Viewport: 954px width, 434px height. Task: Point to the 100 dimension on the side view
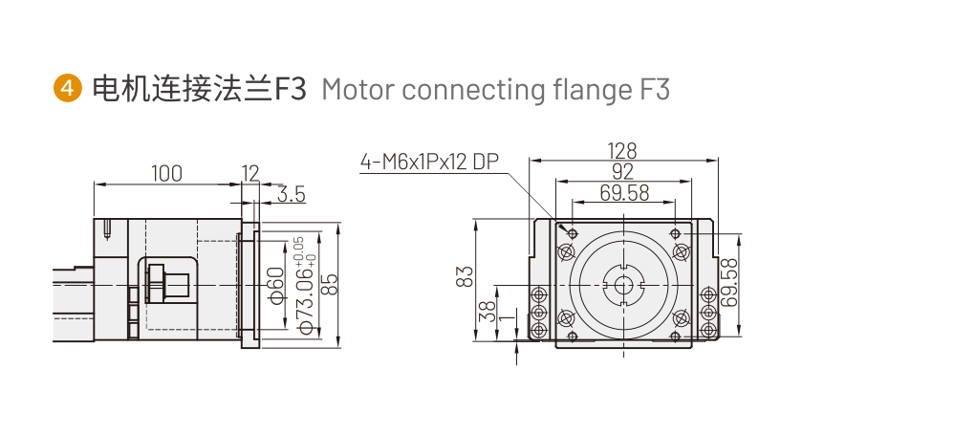[166, 174]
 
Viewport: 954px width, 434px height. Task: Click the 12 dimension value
[249, 174]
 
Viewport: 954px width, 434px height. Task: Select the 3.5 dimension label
[291, 195]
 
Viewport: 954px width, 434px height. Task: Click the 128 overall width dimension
[622, 151]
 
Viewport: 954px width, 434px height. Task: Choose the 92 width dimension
[622, 172]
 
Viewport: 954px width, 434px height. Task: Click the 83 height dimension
[466, 277]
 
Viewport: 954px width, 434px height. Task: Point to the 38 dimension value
[488, 311]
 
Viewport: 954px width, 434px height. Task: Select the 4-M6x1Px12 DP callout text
[429, 162]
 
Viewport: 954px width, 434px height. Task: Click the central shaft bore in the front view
[623, 284]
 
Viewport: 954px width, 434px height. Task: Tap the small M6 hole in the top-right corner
[675, 233]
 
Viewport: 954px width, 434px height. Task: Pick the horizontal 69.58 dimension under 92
[623, 193]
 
